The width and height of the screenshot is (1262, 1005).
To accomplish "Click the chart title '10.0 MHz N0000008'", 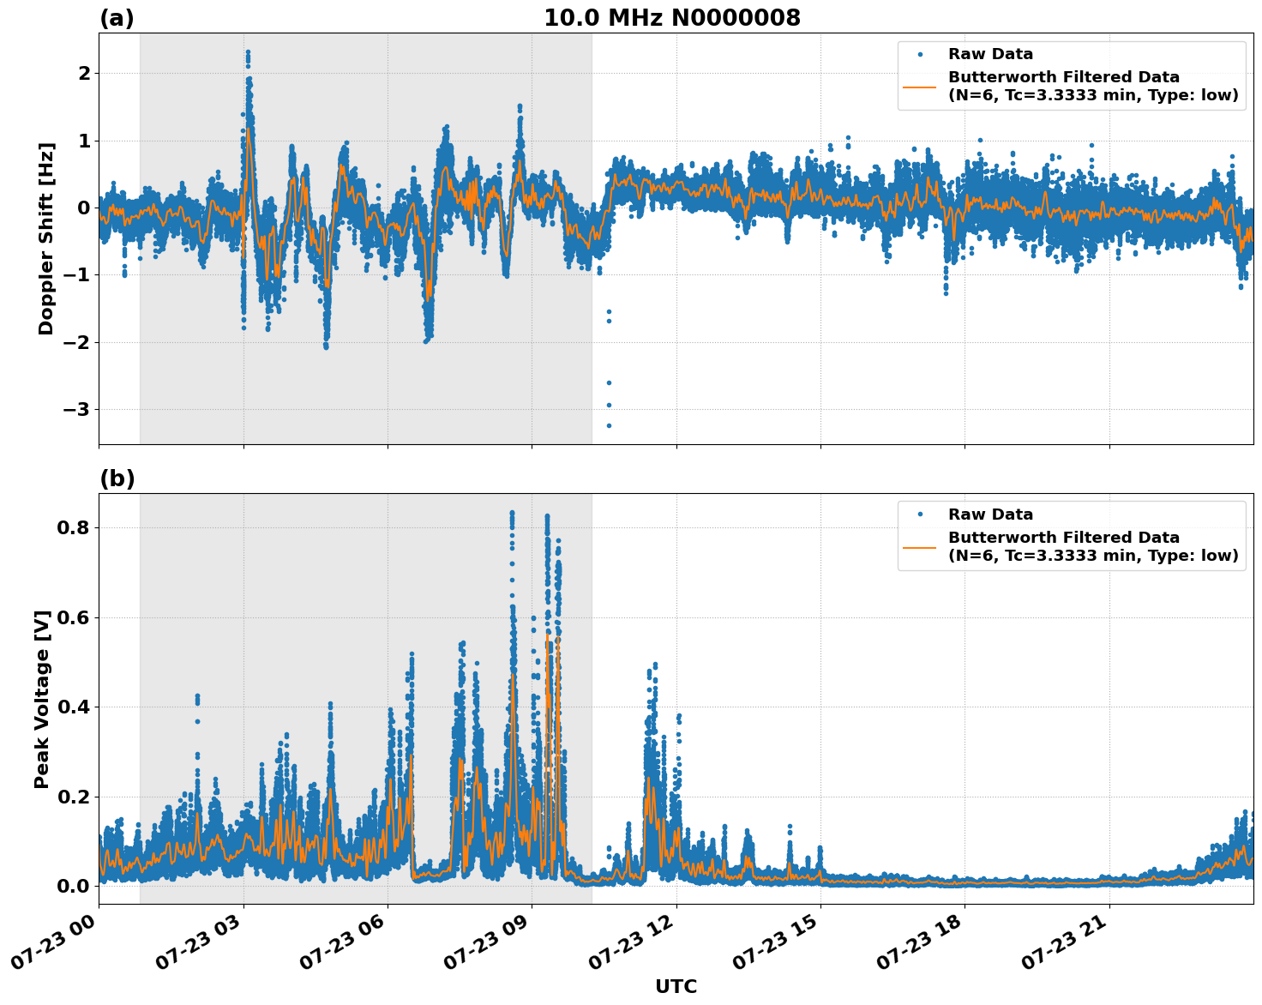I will pyautogui.click(x=672, y=18).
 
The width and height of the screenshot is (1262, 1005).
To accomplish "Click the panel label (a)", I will pyautogui.click(x=117, y=18).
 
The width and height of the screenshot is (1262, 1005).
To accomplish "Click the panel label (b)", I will pyautogui.click(x=117, y=478).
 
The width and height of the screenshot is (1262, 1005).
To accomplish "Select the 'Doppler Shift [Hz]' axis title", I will pyautogui.click(x=46, y=238).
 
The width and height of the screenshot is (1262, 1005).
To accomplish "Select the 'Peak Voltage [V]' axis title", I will pyautogui.click(x=43, y=699).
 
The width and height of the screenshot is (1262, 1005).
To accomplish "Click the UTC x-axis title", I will pyautogui.click(x=676, y=986).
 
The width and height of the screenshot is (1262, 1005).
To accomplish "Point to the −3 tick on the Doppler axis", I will pyautogui.click(x=76, y=410).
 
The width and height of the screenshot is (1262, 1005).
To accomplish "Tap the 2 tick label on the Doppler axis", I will pyautogui.click(x=84, y=74).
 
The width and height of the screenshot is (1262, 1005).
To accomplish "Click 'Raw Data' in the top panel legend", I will pyautogui.click(x=990, y=54).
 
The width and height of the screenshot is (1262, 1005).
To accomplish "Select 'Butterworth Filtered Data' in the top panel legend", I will pyautogui.click(x=1063, y=77).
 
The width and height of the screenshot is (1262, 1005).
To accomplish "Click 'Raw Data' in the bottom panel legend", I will pyautogui.click(x=990, y=515).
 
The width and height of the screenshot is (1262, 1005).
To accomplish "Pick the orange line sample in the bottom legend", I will pyautogui.click(x=919, y=546).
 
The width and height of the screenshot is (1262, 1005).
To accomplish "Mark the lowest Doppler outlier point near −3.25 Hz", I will pyautogui.click(x=609, y=425).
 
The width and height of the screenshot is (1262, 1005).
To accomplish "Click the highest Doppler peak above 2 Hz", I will pyautogui.click(x=248, y=52).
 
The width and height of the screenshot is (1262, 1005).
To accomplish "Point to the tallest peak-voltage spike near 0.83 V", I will pyautogui.click(x=512, y=513).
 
